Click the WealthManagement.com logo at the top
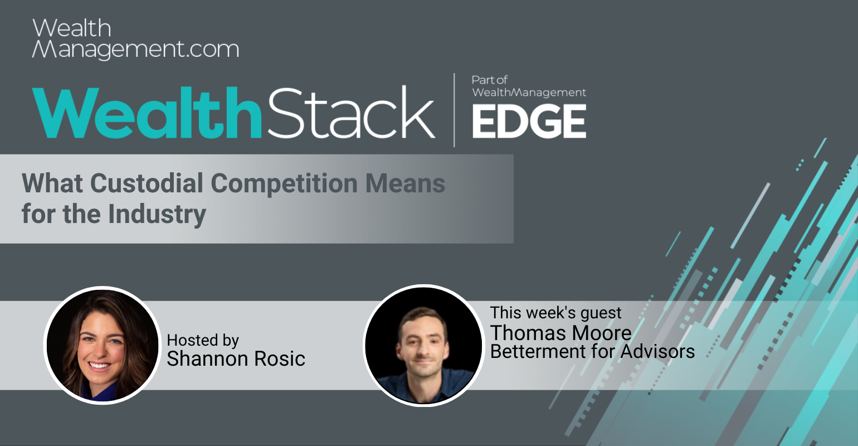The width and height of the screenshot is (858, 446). pyautogui.click(x=135, y=38)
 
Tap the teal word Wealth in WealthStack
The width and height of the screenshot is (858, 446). pyautogui.click(x=147, y=113)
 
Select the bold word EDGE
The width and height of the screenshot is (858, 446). pyautogui.click(x=529, y=122)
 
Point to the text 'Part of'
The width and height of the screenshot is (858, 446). pyautogui.click(x=490, y=80)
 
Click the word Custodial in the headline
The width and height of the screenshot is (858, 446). pyautogui.click(x=147, y=183)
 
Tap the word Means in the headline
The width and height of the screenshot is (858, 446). pyautogui.click(x=405, y=183)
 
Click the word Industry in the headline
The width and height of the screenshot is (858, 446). pyautogui.click(x=157, y=215)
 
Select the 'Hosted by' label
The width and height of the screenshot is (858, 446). pyautogui.click(x=203, y=340)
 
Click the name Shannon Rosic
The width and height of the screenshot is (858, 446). pyautogui.click(x=236, y=358)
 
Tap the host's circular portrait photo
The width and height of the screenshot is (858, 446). pyautogui.click(x=103, y=345)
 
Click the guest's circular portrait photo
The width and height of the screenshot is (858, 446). pyautogui.click(x=423, y=345)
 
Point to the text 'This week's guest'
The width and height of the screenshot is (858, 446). pyautogui.click(x=556, y=313)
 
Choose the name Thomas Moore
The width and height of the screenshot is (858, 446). pyautogui.click(x=560, y=333)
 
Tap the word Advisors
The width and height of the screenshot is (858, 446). pyautogui.click(x=657, y=351)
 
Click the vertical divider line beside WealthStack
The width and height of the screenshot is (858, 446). pyautogui.click(x=454, y=110)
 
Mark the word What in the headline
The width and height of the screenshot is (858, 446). pyautogui.click(x=52, y=183)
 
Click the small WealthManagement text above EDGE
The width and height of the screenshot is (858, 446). pyautogui.click(x=529, y=93)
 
